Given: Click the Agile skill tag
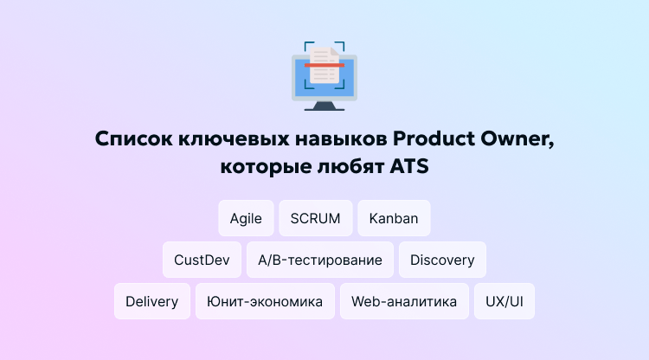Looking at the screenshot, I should pos(246,218).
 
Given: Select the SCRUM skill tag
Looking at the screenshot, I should pos(316,218).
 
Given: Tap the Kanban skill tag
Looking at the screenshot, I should pos(394,218).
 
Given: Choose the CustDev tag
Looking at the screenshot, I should pos(202,260).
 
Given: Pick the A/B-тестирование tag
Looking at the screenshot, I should pos(320,260).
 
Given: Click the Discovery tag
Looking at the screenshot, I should pos(442,260).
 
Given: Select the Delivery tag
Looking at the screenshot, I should pos(151,301).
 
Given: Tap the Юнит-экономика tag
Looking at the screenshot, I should pos(265,301).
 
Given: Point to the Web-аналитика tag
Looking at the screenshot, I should pos(404,301).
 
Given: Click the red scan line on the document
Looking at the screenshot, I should pos(324,65).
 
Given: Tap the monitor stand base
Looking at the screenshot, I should pos(324,108).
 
